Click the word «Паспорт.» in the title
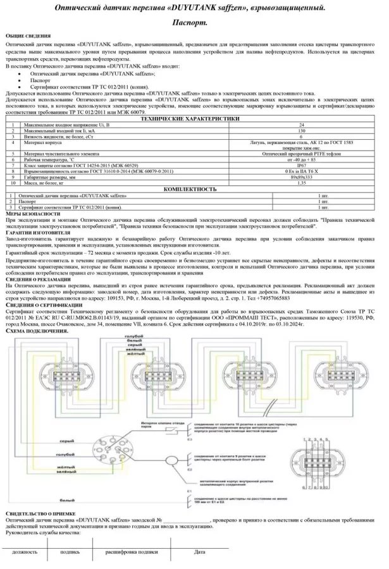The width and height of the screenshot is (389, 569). (195, 22)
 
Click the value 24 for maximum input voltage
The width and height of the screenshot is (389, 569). (301, 125)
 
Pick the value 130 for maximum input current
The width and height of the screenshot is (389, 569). (301, 130)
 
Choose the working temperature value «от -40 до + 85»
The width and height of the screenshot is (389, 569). (301, 159)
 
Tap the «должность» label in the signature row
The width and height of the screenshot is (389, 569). (24, 552)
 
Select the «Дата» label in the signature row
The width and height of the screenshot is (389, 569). (199, 552)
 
